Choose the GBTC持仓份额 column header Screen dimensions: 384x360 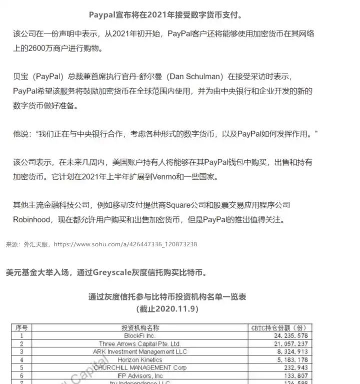(x=281, y=328)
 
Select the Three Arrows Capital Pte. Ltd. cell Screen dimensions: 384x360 (x=140, y=344)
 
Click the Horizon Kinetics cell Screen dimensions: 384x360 (x=140, y=360)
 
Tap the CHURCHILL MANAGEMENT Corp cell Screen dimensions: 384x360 (x=140, y=367)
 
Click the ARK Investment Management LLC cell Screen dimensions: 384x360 (x=140, y=352)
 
